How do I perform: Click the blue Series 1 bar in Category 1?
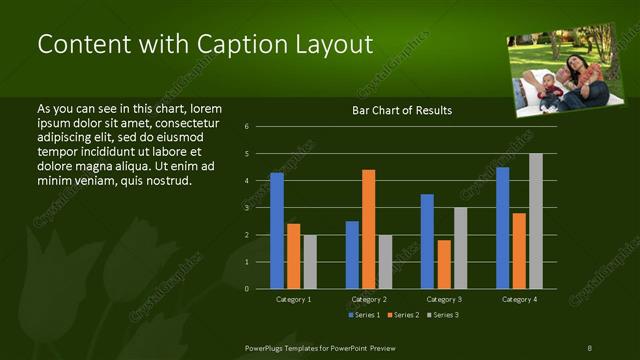click(x=277, y=230)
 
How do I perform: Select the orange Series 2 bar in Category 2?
click(x=369, y=229)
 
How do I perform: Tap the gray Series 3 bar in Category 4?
click(x=536, y=221)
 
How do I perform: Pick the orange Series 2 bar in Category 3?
click(x=444, y=264)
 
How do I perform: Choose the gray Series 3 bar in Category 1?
click(x=310, y=261)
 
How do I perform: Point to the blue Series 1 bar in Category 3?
click(x=427, y=241)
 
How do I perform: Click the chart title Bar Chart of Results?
click(x=402, y=110)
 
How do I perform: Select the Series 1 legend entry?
click(x=364, y=316)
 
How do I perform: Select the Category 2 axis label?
click(x=369, y=299)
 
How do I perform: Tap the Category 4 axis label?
click(x=519, y=299)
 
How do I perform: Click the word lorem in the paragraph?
click(x=205, y=108)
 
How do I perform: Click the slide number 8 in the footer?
click(x=589, y=347)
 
